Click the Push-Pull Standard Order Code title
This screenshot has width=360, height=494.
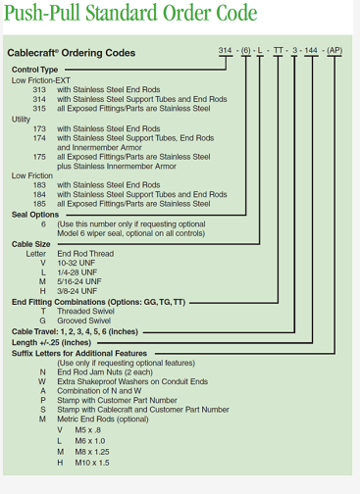(131, 15)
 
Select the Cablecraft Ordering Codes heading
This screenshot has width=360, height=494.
(74, 53)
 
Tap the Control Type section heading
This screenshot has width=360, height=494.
(35, 71)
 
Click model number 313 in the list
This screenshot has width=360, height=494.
(39, 89)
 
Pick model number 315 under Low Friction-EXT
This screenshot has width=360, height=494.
(39, 108)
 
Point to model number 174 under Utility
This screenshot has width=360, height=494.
(39, 138)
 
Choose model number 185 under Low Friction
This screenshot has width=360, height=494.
(39, 203)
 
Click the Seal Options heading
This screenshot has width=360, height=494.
(36, 213)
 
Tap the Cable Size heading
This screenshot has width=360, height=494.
(32, 243)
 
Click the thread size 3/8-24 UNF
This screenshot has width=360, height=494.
(78, 290)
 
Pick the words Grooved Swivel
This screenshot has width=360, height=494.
(85, 320)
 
